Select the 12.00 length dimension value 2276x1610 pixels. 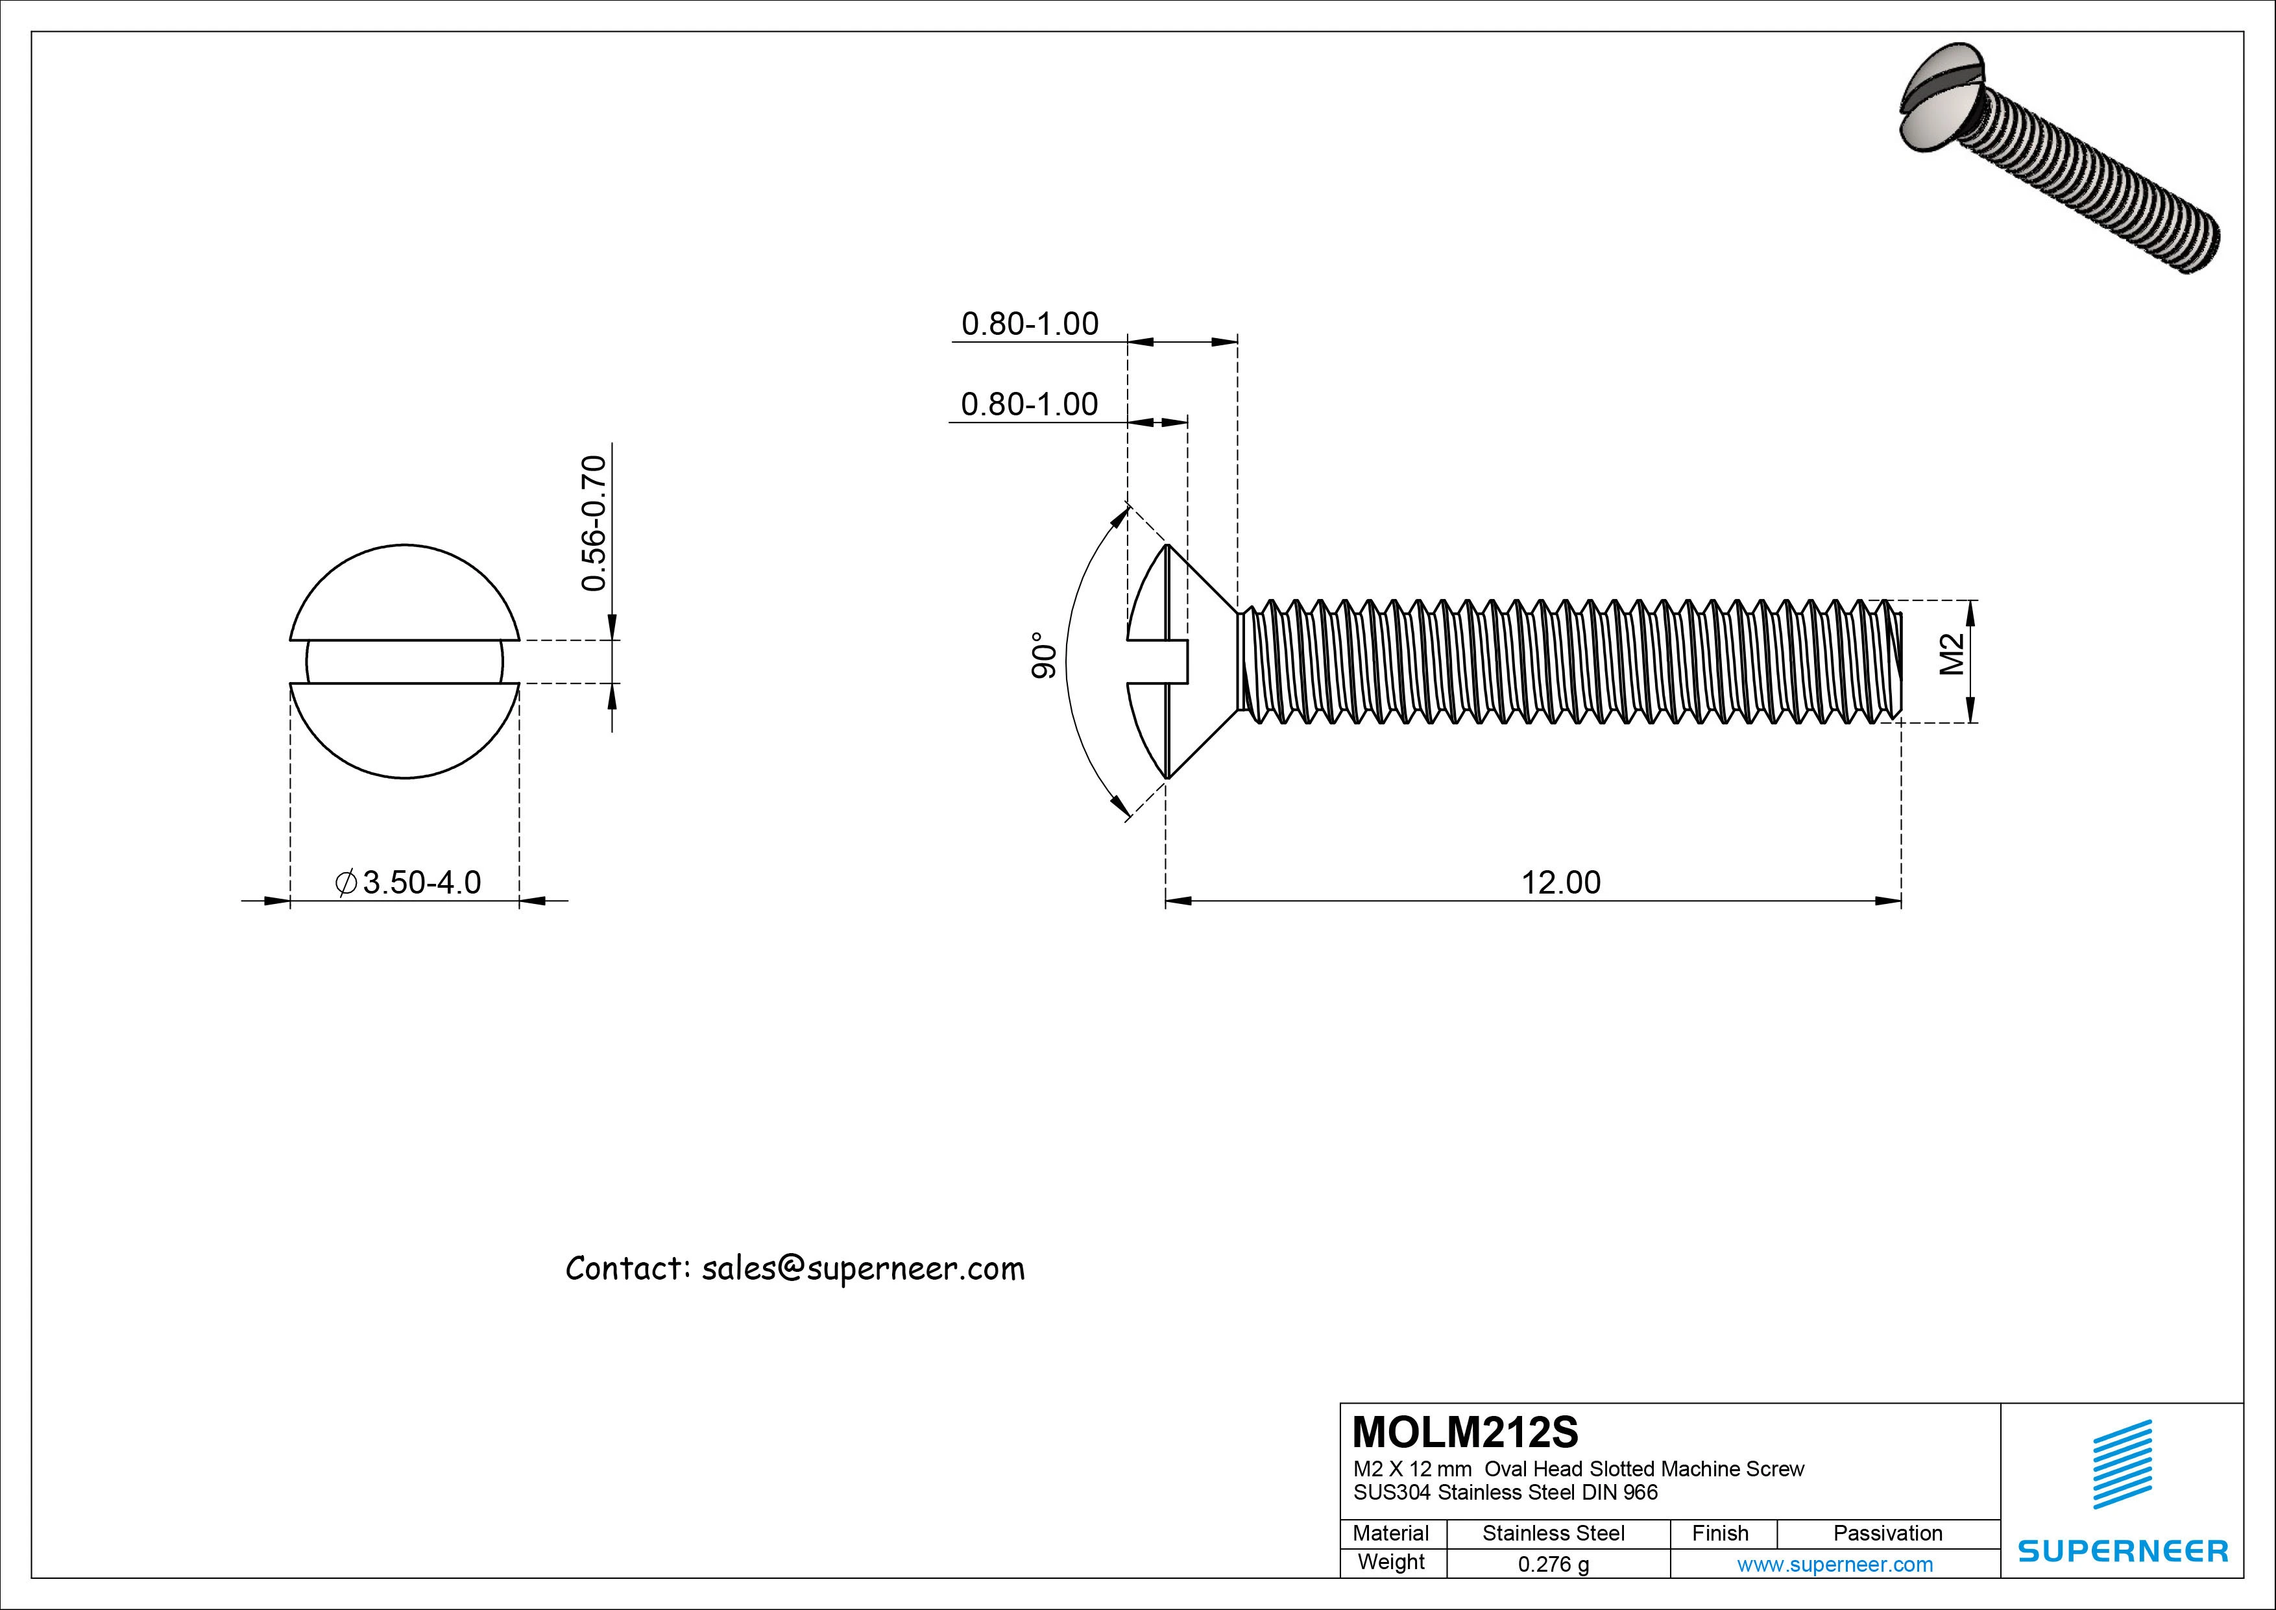pyautogui.click(x=1560, y=883)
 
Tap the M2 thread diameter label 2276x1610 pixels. pyautogui.click(x=1951, y=655)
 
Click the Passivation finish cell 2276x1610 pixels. pyautogui.click(x=1887, y=1533)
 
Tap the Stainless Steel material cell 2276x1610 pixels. pyautogui.click(x=1553, y=1533)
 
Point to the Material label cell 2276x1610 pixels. pyautogui.click(x=1391, y=1533)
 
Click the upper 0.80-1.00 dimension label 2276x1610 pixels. pyautogui.click(x=1029, y=324)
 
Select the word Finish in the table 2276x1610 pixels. pyautogui.click(x=1720, y=1533)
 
